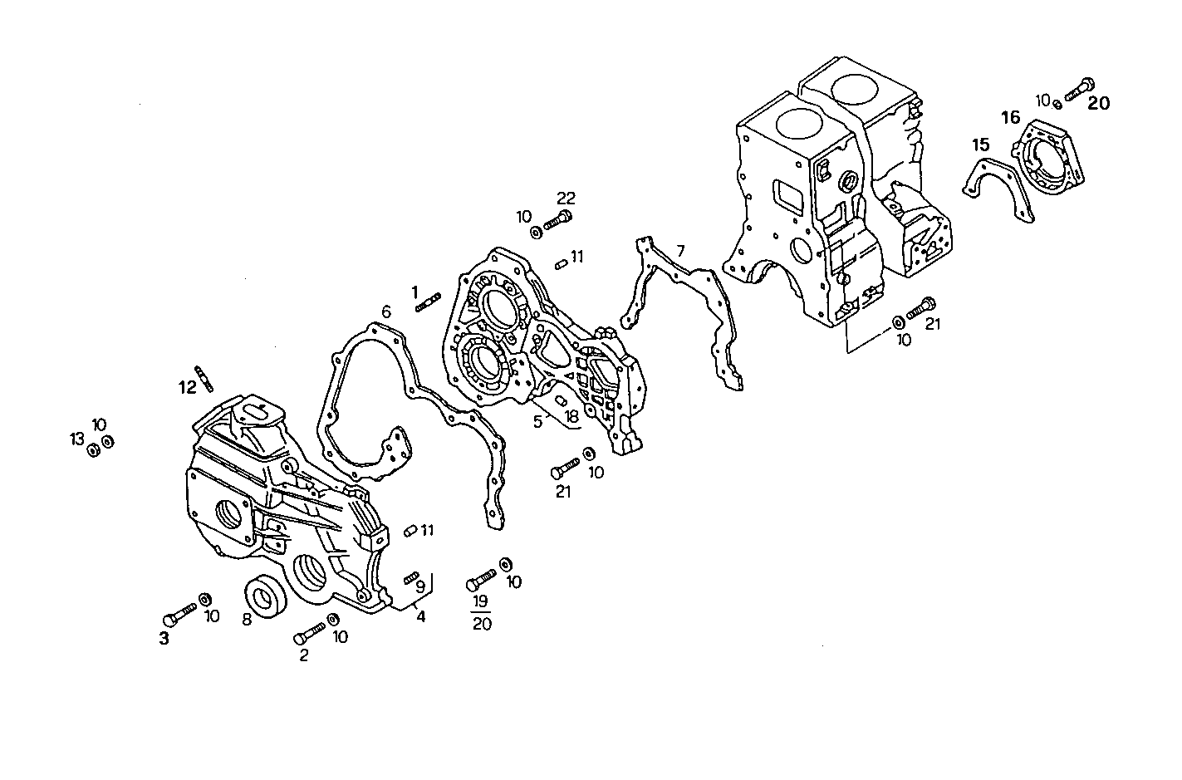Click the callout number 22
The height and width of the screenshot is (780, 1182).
[x=566, y=198]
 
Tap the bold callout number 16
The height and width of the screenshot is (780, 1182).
[x=1010, y=118]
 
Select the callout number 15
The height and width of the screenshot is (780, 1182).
[x=982, y=145]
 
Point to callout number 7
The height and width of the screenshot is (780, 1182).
[x=681, y=250]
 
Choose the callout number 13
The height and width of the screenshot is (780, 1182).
[x=77, y=438]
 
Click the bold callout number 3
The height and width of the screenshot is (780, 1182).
[x=164, y=638]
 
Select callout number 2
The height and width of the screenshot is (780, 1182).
[x=303, y=655]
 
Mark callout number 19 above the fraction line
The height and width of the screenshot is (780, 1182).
[x=481, y=601]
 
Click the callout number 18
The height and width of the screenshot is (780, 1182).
[x=571, y=416]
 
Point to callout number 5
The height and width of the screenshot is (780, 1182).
[x=538, y=421]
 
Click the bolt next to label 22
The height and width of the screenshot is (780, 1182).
[x=558, y=222]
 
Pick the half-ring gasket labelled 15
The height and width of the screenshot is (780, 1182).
[x=997, y=188]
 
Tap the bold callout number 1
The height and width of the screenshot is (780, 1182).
[x=414, y=292]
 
